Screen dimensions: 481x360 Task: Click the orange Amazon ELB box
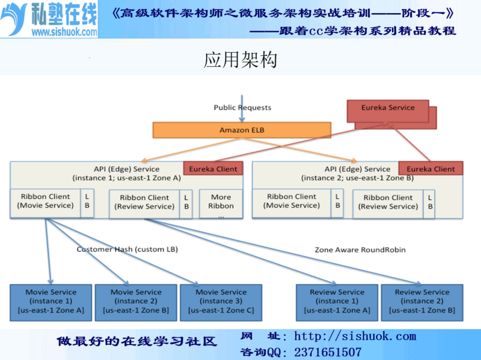pyautogui.click(x=242, y=130)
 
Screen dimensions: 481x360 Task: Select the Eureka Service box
pyautogui.click(x=388, y=111)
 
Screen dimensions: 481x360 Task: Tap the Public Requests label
pyautogui.click(x=242, y=108)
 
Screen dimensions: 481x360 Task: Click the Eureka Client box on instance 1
pyautogui.click(x=213, y=168)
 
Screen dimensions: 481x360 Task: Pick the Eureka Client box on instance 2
pyautogui.click(x=430, y=168)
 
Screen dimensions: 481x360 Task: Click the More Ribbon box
pyautogui.click(x=221, y=204)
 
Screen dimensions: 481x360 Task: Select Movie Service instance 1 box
pyautogui.click(x=51, y=303)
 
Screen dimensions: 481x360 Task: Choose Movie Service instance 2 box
pyautogui.click(x=136, y=303)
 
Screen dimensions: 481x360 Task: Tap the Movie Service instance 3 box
pyautogui.click(x=221, y=303)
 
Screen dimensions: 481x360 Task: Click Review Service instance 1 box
pyautogui.click(x=337, y=303)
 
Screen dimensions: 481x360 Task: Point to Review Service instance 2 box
pyautogui.click(x=422, y=303)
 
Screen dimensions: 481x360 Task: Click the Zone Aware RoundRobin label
pyautogui.click(x=360, y=249)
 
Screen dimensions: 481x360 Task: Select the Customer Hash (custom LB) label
pyautogui.click(x=127, y=249)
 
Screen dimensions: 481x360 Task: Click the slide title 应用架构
pyautogui.click(x=240, y=59)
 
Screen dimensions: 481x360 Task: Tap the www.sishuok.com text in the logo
pyautogui.click(x=64, y=32)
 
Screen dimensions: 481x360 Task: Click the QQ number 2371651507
pyautogui.click(x=328, y=352)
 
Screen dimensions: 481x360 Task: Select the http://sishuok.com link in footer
pyautogui.click(x=355, y=336)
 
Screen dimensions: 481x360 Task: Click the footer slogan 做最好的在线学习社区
pyautogui.click(x=136, y=341)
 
